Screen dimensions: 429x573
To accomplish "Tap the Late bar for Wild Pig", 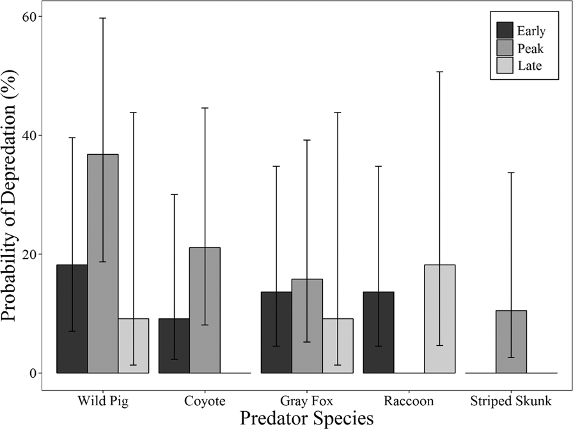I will (x=133, y=345).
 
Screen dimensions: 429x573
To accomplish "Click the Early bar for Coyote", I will (x=174, y=345).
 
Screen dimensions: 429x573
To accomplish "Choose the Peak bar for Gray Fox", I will (x=307, y=325).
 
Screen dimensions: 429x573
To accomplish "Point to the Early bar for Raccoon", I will (x=379, y=332).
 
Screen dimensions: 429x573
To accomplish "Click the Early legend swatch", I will (x=505, y=30).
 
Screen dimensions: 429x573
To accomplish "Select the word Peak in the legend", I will (x=531, y=48).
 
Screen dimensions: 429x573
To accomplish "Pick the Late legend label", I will (x=531, y=66).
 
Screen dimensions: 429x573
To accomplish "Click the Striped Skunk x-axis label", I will (x=511, y=401).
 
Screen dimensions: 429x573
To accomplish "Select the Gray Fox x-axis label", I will (x=307, y=401).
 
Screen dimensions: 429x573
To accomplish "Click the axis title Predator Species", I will (x=306, y=418).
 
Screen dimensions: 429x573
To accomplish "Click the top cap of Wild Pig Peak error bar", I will (x=102, y=18).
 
